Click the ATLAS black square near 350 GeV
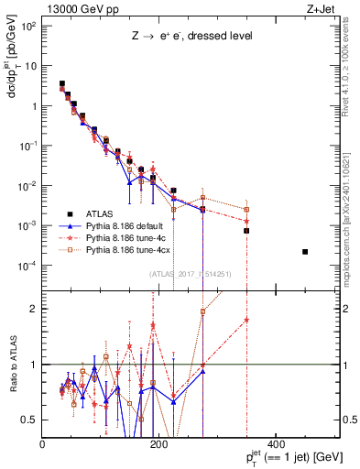(246, 231)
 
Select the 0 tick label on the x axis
(43, 446)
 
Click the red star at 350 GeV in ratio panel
(246, 320)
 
